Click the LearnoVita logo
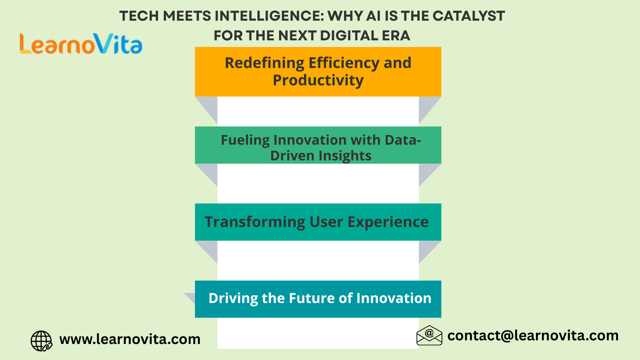[x=81, y=44]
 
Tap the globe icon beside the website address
[x=42, y=340]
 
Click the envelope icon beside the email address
[x=429, y=336]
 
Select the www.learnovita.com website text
[x=130, y=339]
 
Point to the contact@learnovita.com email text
[x=533, y=336]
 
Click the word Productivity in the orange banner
[x=318, y=80]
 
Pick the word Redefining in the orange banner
[x=264, y=63]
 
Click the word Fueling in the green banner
[x=245, y=140]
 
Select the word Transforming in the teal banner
[x=255, y=222]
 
